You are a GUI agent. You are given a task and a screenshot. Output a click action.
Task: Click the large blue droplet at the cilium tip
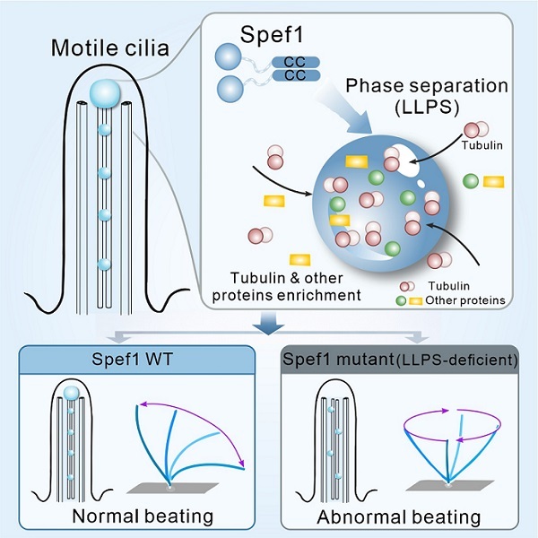coord(107,91)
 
